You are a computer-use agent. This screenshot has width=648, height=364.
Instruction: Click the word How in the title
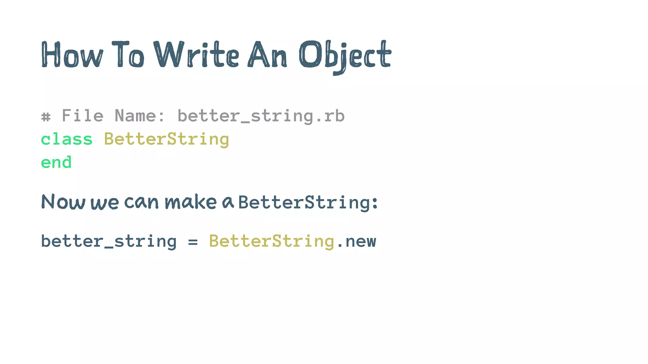[x=72, y=55]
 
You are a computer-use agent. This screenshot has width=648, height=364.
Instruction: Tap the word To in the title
[x=128, y=55]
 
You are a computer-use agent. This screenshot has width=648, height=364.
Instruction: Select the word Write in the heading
[x=196, y=55]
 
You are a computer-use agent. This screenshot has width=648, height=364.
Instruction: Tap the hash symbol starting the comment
[x=46, y=117]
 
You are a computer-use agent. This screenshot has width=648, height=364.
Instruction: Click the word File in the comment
[x=83, y=116]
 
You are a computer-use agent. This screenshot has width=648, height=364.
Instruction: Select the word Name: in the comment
[x=140, y=116]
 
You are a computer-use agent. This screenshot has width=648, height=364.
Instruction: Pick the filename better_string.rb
[x=261, y=116]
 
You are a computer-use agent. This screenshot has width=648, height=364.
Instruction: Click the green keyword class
[x=67, y=139]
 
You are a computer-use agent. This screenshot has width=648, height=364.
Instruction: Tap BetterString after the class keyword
[x=166, y=140]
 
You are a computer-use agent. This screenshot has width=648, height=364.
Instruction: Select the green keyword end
[x=56, y=162]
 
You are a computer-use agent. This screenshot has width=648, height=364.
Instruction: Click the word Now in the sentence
[x=63, y=202]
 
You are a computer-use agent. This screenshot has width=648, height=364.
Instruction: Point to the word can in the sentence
[x=141, y=202]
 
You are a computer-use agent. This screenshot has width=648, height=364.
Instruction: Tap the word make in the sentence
[x=190, y=202]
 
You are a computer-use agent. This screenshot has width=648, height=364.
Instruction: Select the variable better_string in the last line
[x=109, y=242]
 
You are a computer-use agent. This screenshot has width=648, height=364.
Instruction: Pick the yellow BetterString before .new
[x=271, y=242]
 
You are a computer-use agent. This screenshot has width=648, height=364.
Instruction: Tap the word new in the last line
[x=361, y=242]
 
